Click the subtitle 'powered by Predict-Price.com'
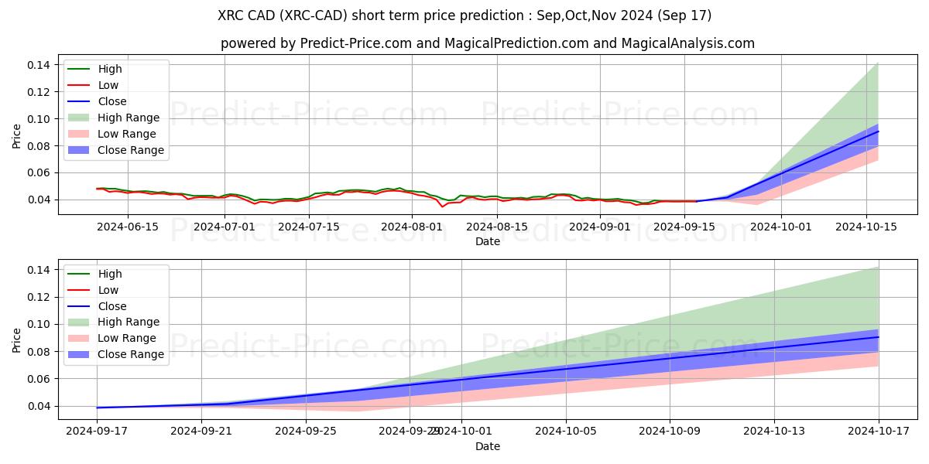pos(487,43)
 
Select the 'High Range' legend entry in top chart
pos(128,118)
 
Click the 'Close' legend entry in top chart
pos(111,101)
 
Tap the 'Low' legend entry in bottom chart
pos(108,290)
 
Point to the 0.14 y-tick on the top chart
pos(39,65)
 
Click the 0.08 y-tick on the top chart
pos(39,146)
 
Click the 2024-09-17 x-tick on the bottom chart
pos(97,432)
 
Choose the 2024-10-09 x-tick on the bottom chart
pos(670,432)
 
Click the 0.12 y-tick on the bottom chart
pos(39,297)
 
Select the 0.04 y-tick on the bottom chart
pos(39,406)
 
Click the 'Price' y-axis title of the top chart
pos(17,135)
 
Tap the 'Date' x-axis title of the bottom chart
pos(487,446)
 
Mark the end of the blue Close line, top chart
pos(878,131)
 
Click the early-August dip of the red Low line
pos(443,206)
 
